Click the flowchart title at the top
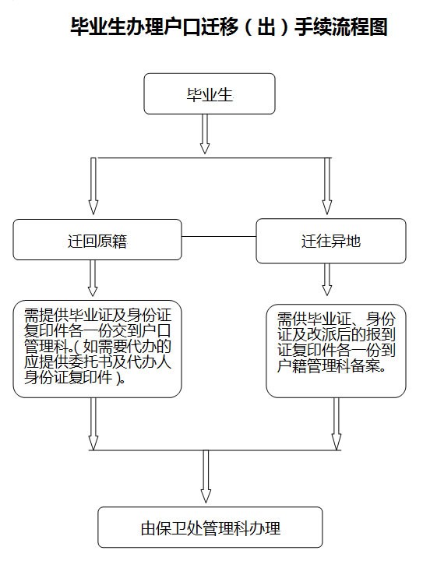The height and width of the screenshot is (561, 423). click(x=229, y=26)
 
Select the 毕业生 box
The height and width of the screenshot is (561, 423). click(x=210, y=93)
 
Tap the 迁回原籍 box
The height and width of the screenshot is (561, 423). click(x=97, y=239)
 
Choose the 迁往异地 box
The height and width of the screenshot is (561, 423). click(x=331, y=241)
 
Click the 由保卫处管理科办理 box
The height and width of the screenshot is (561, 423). click(x=210, y=527)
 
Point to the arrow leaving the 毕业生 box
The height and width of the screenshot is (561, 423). click(x=205, y=134)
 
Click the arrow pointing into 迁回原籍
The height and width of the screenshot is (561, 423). click(x=93, y=186)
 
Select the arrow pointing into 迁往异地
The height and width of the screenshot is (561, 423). click(x=327, y=186)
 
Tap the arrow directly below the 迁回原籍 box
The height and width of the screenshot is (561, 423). click(x=93, y=278)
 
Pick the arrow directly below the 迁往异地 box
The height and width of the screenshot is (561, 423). click(x=327, y=280)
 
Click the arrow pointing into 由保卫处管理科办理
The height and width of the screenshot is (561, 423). click(x=206, y=476)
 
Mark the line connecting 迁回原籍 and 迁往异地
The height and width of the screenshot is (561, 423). click(x=219, y=237)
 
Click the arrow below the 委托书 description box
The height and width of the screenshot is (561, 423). click(x=93, y=424)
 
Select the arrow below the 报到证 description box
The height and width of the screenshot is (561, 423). click(x=337, y=424)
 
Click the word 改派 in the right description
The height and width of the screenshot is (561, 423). click(x=315, y=334)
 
